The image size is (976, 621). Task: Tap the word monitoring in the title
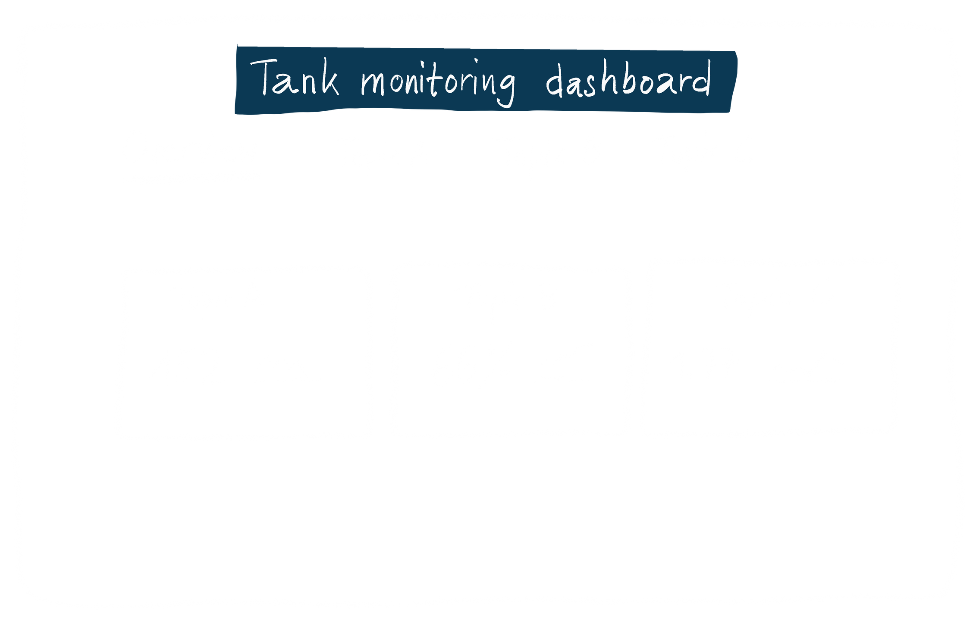point(438,82)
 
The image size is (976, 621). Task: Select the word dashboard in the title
point(628,80)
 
